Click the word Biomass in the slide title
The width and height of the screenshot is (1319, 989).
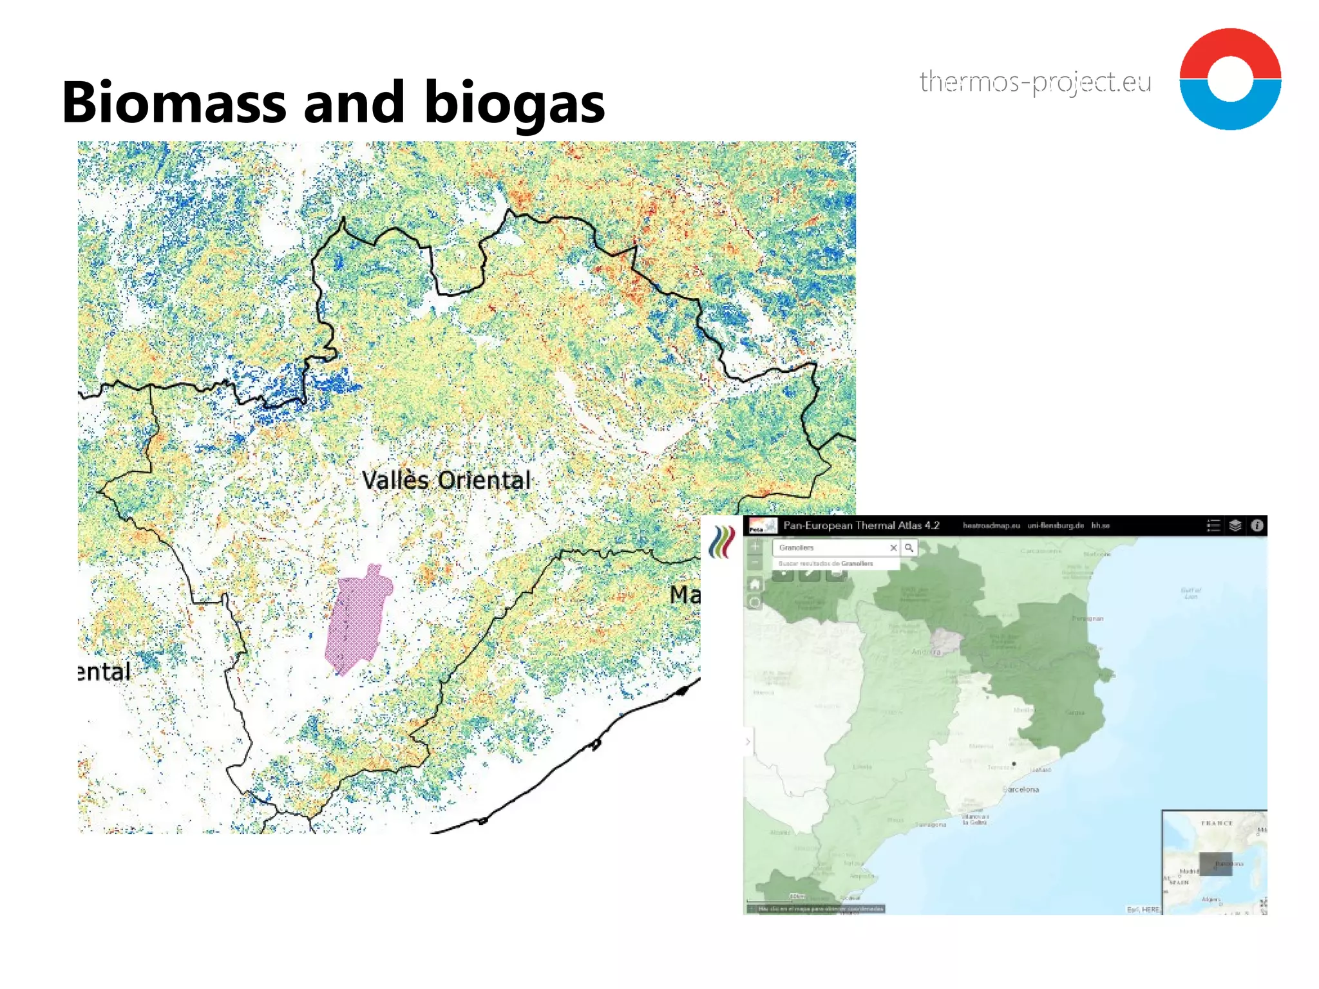pyautogui.click(x=174, y=102)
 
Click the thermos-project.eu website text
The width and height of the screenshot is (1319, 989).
pyautogui.click(x=1035, y=82)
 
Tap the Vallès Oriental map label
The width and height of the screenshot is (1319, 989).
pyautogui.click(x=446, y=480)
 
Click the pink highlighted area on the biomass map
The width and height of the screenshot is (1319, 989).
pyautogui.click(x=357, y=618)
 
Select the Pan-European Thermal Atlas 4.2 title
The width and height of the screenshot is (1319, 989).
pyautogui.click(x=861, y=525)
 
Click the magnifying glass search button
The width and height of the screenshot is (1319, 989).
pyautogui.click(x=909, y=547)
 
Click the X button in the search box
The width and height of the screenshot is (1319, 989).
pyautogui.click(x=893, y=547)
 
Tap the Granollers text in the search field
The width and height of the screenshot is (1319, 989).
pyautogui.click(x=796, y=547)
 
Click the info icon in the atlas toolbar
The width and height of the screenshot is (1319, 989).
pyautogui.click(x=1257, y=525)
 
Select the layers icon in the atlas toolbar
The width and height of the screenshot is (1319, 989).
pyautogui.click(x=1235, y=525)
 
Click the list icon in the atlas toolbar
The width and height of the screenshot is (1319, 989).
pyautogui.click(x=1213, y=525)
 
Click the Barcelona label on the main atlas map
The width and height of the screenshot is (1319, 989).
pyautogui.click(x=1021, y=789)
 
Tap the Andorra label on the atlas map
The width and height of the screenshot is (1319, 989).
pyautogui.click(x=926, y=652)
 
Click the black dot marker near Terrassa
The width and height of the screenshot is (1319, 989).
pyautogui.click(x=1014, y=764)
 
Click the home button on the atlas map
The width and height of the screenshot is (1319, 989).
pyautogui.click(x=755, y=584)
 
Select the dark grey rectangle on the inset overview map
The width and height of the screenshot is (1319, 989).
pyautogui.click(x=1215, y=864)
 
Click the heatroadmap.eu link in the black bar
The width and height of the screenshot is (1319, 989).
pyautogui.click(x=991, y=525)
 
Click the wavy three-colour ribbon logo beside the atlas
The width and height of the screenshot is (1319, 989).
pyautogui.click(x=722, y=542)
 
